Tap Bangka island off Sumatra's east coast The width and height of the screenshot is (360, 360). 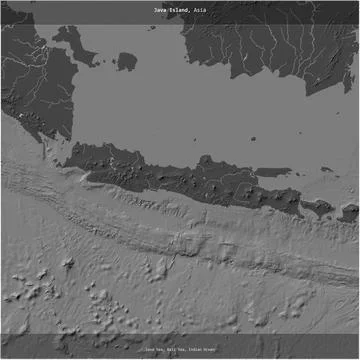70,42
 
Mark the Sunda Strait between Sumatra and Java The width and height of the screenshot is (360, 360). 63,150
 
